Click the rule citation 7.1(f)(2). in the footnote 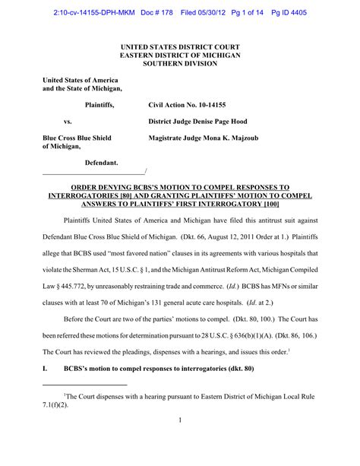pyautogui.click(x=56, y=405)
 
